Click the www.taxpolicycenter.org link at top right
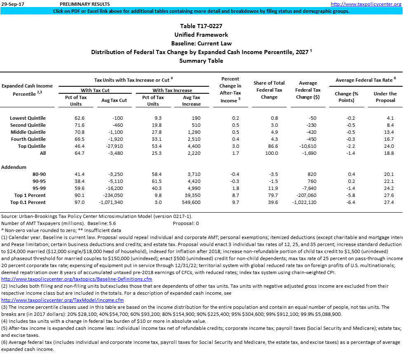(365, 4)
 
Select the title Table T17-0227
(201, 26)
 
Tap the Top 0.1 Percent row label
(30, 202)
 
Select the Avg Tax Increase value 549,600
(191, 202)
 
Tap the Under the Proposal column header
(385, 97)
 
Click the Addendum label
(14, 167)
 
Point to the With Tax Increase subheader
(172, 90)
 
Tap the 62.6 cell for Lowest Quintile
(79, 118)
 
